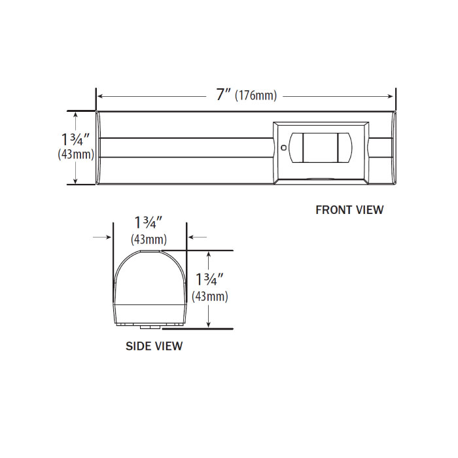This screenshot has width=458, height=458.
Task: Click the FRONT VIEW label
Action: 349,210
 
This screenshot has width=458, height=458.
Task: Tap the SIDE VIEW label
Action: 154,346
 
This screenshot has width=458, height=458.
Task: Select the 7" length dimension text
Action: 223,95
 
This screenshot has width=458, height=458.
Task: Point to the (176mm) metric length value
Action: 256,96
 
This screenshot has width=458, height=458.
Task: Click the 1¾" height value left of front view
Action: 78,139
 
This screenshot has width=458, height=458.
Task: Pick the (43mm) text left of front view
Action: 77,155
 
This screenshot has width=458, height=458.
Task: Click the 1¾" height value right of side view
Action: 210,279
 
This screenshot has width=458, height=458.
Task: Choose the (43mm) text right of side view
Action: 210,296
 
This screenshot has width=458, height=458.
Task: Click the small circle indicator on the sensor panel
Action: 283,148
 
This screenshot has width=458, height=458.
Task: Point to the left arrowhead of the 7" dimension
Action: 101,96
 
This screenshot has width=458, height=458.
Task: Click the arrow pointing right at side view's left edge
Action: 109,238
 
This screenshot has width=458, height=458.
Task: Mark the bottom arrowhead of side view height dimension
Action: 209,324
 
